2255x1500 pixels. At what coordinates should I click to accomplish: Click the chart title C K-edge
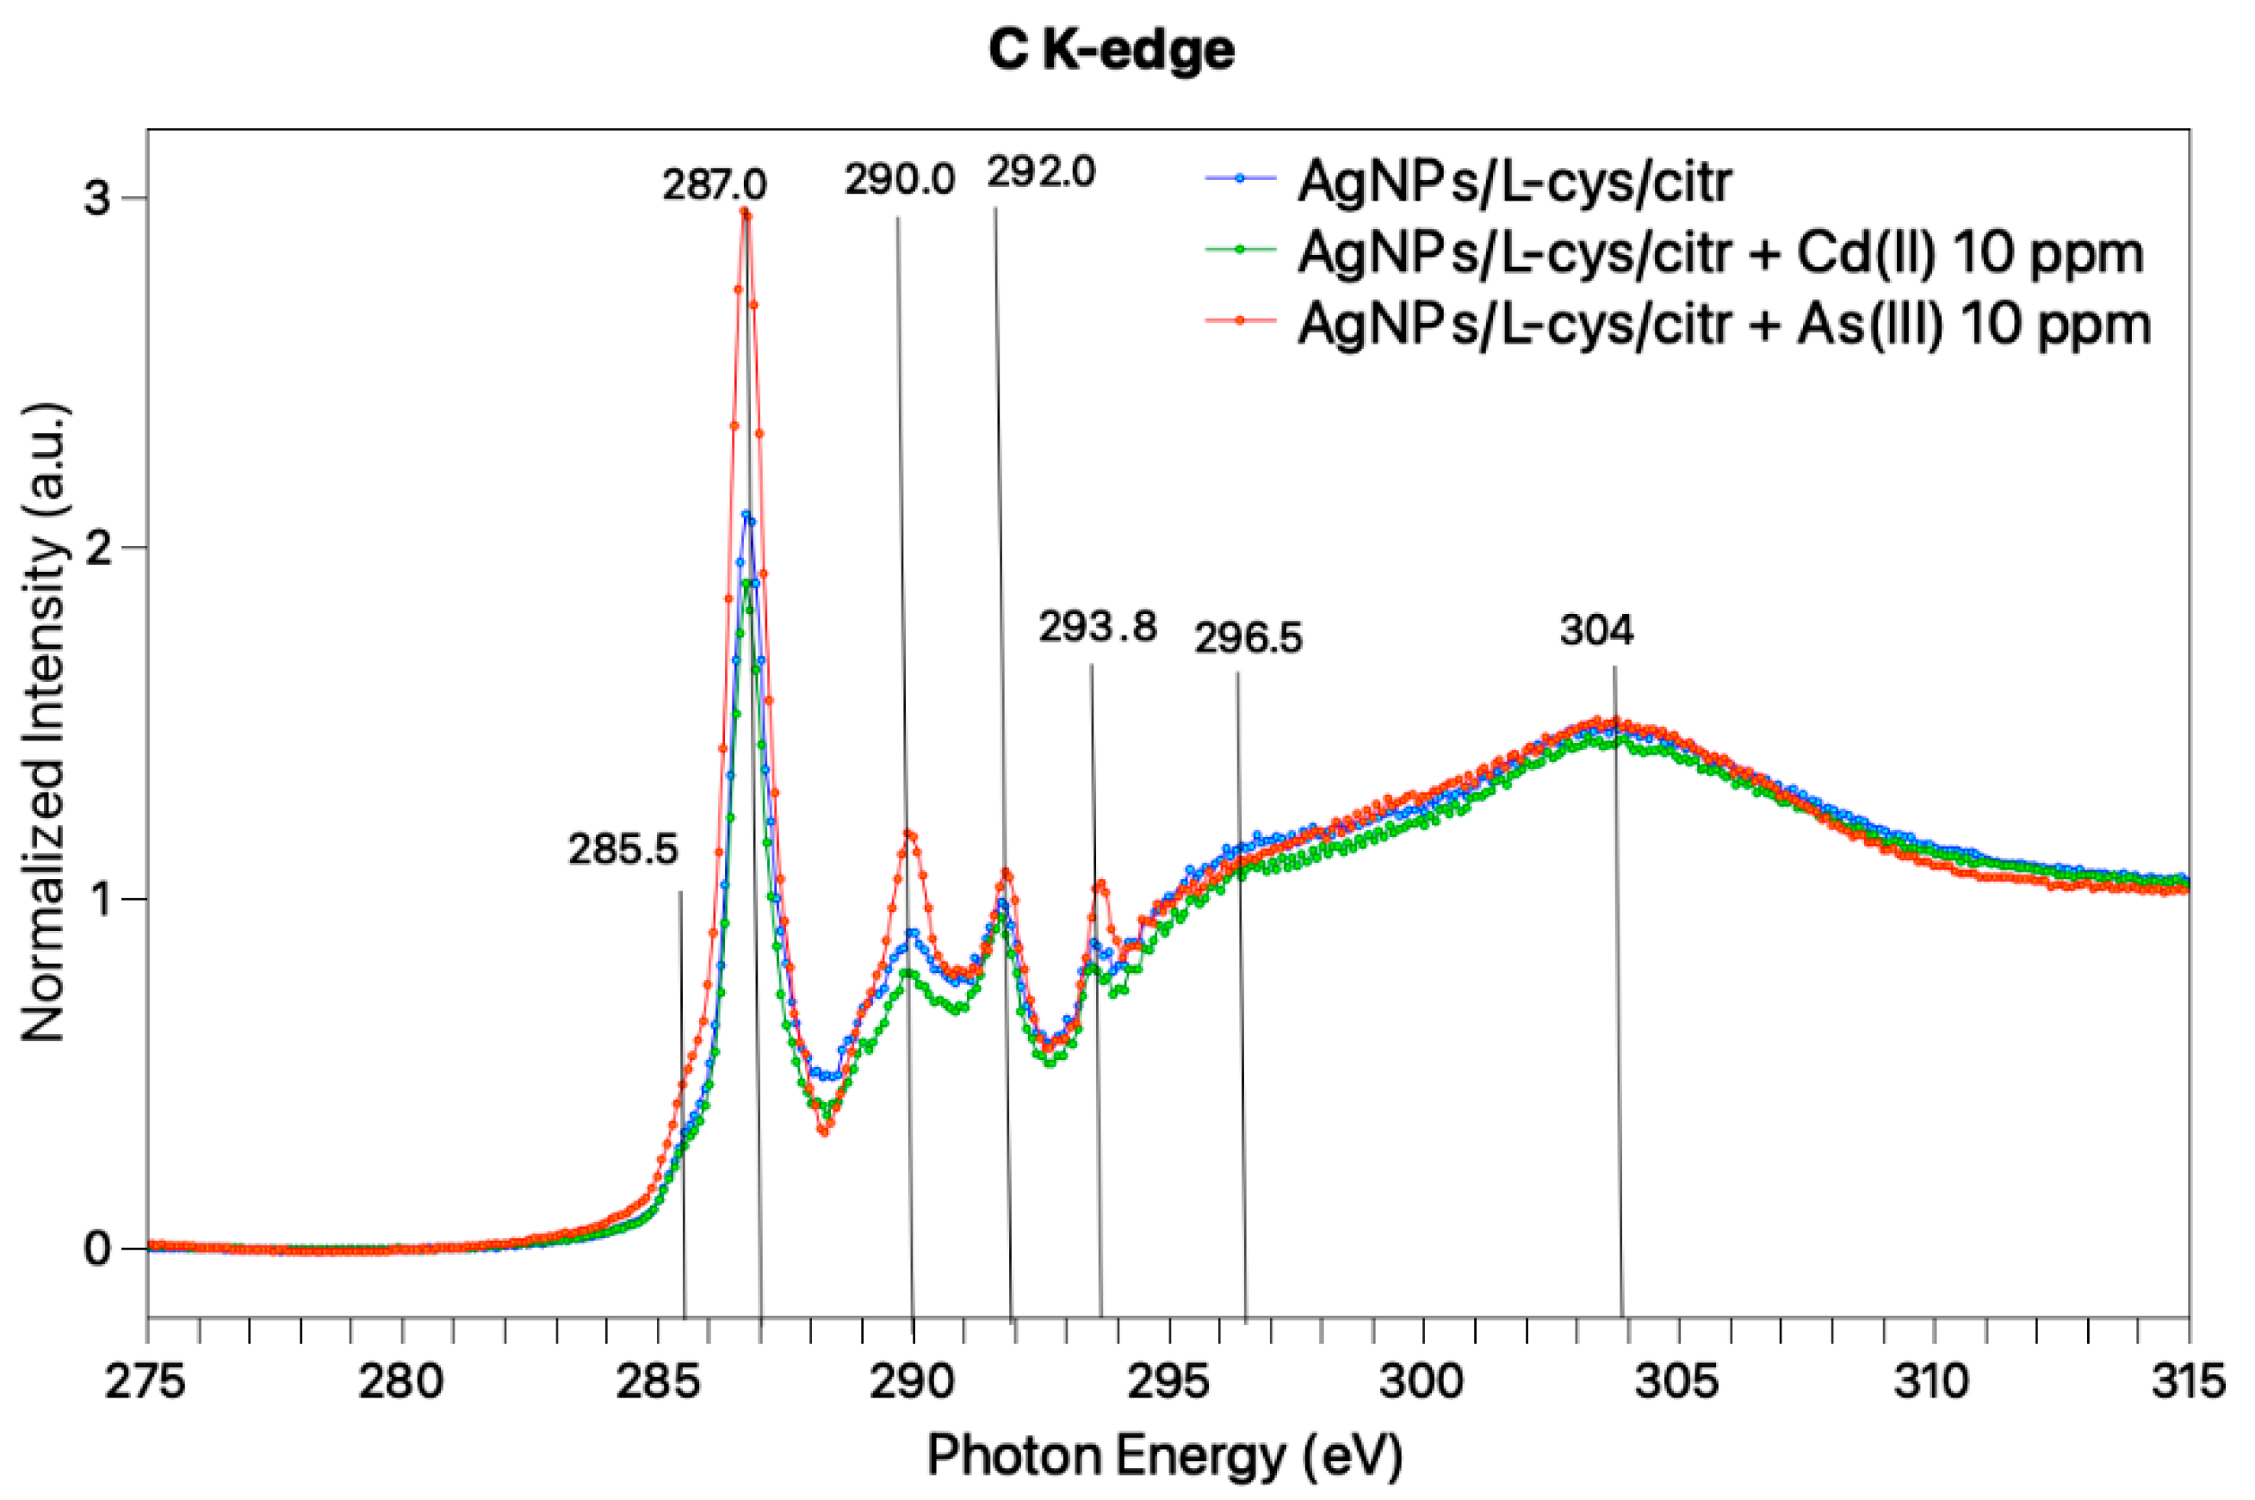click(1112, 50)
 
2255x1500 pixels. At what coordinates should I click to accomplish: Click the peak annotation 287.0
click(715, 183)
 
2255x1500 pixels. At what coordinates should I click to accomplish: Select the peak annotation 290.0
click(899, 179)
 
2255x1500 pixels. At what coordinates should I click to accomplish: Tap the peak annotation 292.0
click(1042, 172)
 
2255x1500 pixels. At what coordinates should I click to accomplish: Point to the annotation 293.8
click(1098, 628)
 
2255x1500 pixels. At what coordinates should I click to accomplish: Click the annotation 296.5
click(1248, 637)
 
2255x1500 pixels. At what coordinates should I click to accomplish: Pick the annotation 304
click(1596, 629)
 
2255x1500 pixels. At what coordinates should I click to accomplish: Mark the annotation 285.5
click(623, 848)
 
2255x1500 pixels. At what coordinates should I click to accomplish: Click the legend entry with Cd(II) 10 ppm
click(1719, 252)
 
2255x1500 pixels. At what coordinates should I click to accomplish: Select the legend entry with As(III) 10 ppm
click(1723, 324)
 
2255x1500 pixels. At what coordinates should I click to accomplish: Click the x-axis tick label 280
click(400, 1381)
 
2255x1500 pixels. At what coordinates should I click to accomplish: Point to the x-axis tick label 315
click(2187, 1381)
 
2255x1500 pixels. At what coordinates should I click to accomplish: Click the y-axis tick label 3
click(96, 198)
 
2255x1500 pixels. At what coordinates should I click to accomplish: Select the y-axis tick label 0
click(96, 1249)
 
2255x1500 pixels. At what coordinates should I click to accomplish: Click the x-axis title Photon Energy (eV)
click(1165, 1457)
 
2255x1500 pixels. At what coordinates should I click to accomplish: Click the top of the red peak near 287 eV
click(746, 213)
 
